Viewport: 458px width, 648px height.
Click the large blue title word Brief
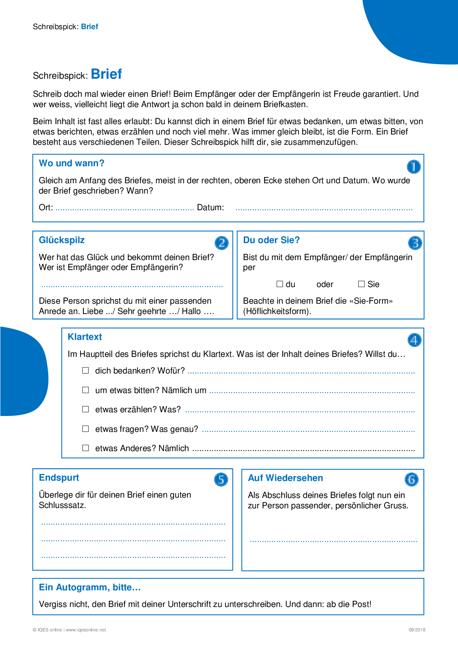click(106, 74)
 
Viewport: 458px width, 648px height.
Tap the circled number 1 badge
click(414, 167)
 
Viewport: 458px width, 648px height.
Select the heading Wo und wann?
click(72, 163)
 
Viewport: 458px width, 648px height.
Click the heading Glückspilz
click(62, 240)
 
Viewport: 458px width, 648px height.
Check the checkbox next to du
click(280, 284)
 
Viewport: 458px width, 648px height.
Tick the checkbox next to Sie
click(362, 284)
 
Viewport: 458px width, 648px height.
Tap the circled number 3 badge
click(415, 243)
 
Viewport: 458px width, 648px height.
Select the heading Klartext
click(85, 337)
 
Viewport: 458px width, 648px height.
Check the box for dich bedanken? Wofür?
click(86, 371)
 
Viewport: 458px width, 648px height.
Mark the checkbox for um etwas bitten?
click(86, 390)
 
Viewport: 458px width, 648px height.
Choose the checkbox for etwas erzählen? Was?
click(86, 409)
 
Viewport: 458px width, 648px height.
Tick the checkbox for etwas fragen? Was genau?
click(86, 429)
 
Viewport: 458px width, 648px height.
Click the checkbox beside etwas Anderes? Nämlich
click(86, 448)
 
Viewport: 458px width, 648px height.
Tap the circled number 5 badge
click(221, 480)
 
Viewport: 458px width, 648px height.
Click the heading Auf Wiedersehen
click(286, 478)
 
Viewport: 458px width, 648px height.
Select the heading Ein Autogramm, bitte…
click(90, 587)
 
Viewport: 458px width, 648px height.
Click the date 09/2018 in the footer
click(417, 630)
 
